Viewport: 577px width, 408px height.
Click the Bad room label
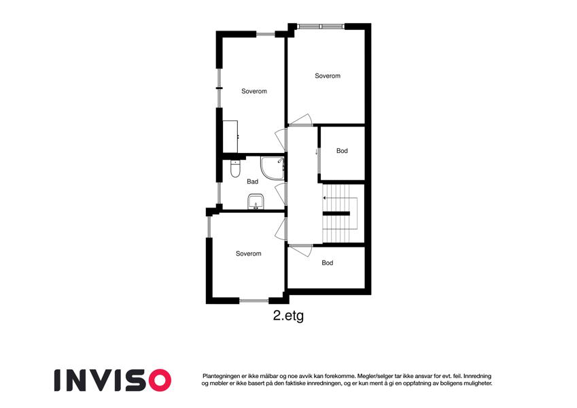coord(252,182)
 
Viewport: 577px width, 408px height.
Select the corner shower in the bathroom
coord(273,168)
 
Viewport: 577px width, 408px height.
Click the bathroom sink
coord(256,201)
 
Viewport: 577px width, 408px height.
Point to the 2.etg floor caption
coord(288,316)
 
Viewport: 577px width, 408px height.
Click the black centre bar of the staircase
coord(336,214)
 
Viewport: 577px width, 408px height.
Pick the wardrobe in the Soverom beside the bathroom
coord(230,137)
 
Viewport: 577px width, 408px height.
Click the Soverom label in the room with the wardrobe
coord(254,91)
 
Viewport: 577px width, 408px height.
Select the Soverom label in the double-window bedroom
coord(328,76)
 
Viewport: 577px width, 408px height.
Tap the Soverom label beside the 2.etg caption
coord(248,254)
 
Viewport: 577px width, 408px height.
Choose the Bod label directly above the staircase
coord(342,150)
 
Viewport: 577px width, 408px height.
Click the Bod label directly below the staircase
coord(327,263)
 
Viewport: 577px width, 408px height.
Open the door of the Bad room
coord(281,193)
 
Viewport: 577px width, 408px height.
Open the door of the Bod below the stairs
coord(300,250)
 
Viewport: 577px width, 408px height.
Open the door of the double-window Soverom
coord(300,120)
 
